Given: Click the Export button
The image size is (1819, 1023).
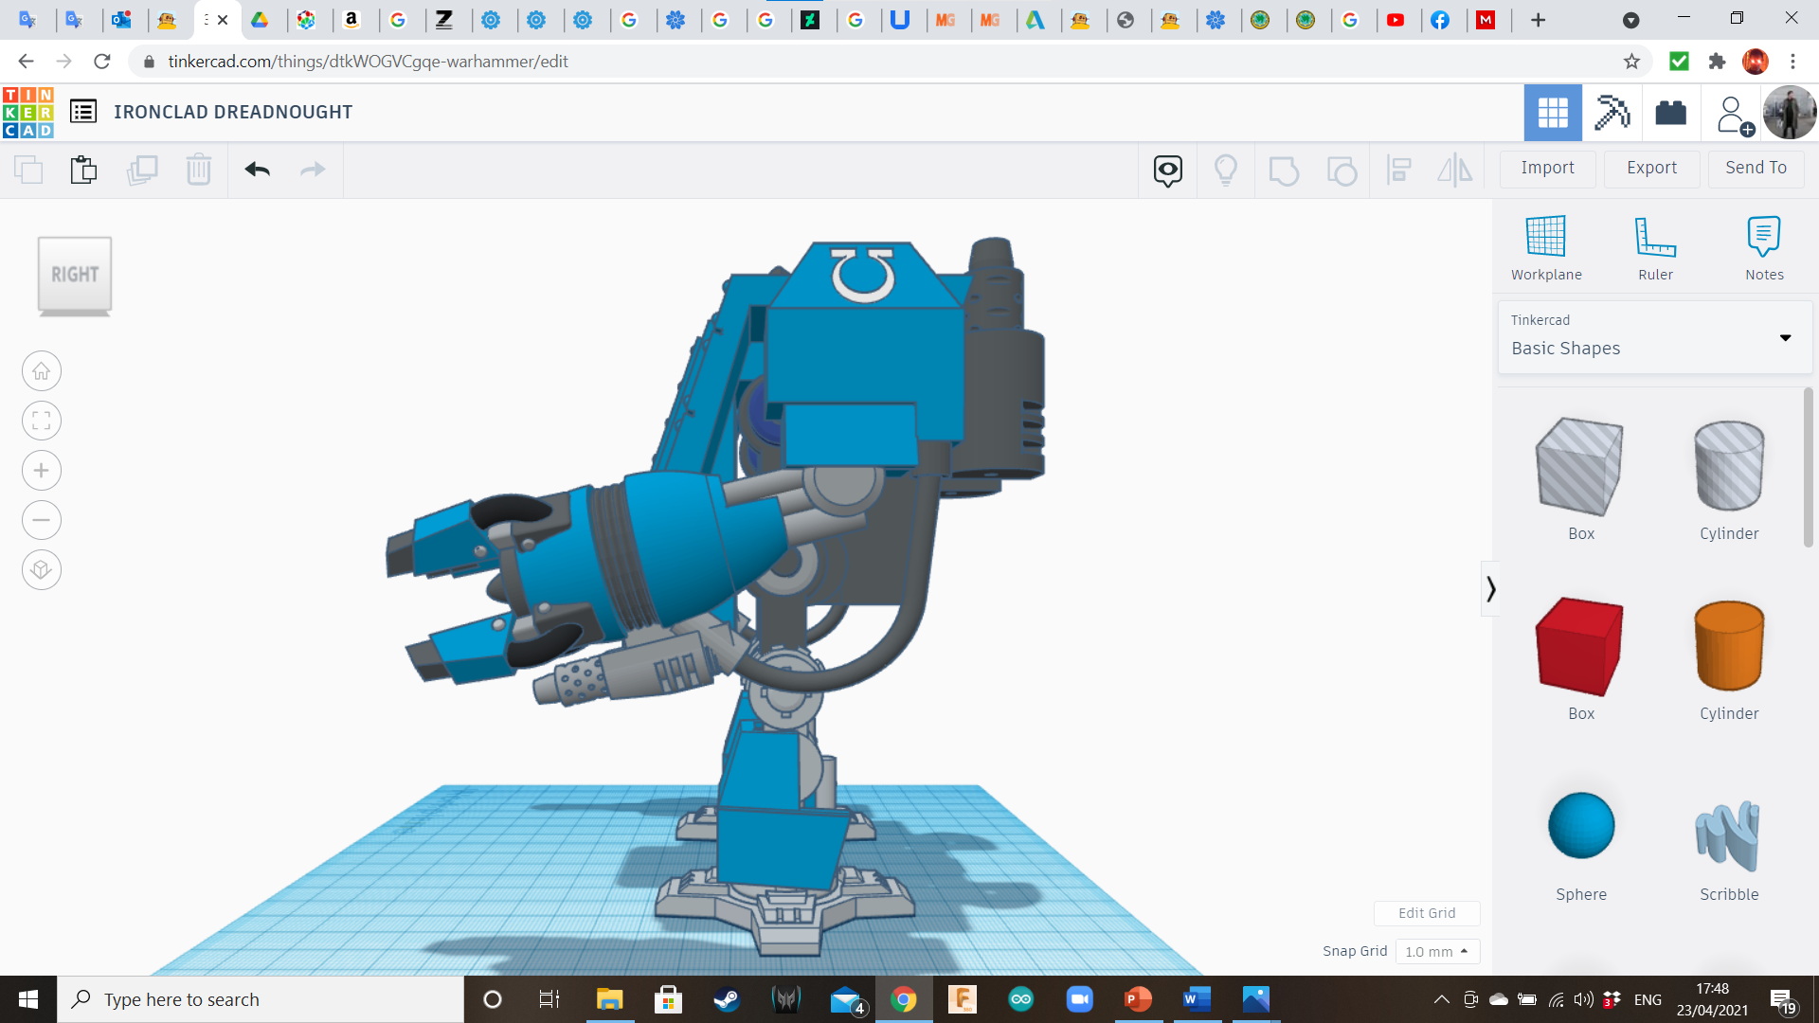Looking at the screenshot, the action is click(x=1651, y=168).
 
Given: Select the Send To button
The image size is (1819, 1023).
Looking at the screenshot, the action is click(x=1756, y=168).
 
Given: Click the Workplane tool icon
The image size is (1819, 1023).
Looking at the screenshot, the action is click(x=1545, y=236).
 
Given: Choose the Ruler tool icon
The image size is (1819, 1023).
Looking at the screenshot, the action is click(x=1655, y=236).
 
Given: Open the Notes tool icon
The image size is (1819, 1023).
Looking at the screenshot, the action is click(x=1764, y=236).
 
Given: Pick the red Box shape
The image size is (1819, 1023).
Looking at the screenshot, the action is click(x=1580, y=647).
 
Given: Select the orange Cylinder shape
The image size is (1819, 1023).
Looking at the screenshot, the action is click(x=1729, y=646).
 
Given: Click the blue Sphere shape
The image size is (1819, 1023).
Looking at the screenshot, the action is click(x=1581, y=825).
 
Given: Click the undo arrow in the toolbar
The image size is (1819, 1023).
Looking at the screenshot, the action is click(x=258, y=170).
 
